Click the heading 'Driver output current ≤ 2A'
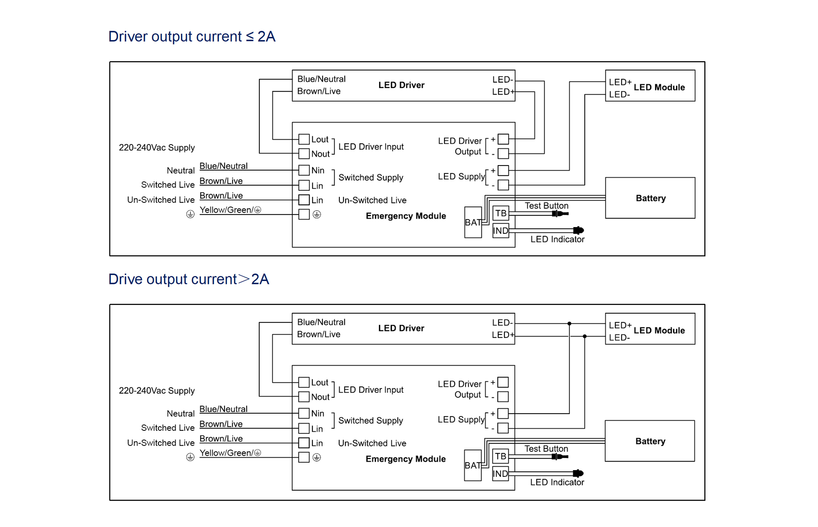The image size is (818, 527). [192, 37]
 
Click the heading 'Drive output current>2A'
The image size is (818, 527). [189, 279]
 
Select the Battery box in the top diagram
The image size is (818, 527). [650, 198]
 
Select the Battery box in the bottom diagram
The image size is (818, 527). [650, 441]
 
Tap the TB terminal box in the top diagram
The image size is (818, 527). [501, 213]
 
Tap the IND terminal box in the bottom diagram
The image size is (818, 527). [500, 474]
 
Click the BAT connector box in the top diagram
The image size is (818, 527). [473, 222]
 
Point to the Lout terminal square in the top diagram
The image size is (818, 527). [304, 139]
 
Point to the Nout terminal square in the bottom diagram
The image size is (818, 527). [304, 397]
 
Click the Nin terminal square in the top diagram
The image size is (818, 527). [304, 170]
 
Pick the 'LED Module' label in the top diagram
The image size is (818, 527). [659, 87]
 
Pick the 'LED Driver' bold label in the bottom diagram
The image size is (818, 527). [401, 328]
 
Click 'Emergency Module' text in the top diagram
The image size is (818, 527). [405, 216]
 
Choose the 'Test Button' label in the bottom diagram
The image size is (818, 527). [546, 448]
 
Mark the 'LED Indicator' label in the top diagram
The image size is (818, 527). [557, 239]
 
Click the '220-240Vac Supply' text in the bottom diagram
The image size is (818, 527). [157, 391]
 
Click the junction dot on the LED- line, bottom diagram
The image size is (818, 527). [569, 324]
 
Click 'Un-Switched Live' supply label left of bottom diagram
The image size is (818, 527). [160, 443]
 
